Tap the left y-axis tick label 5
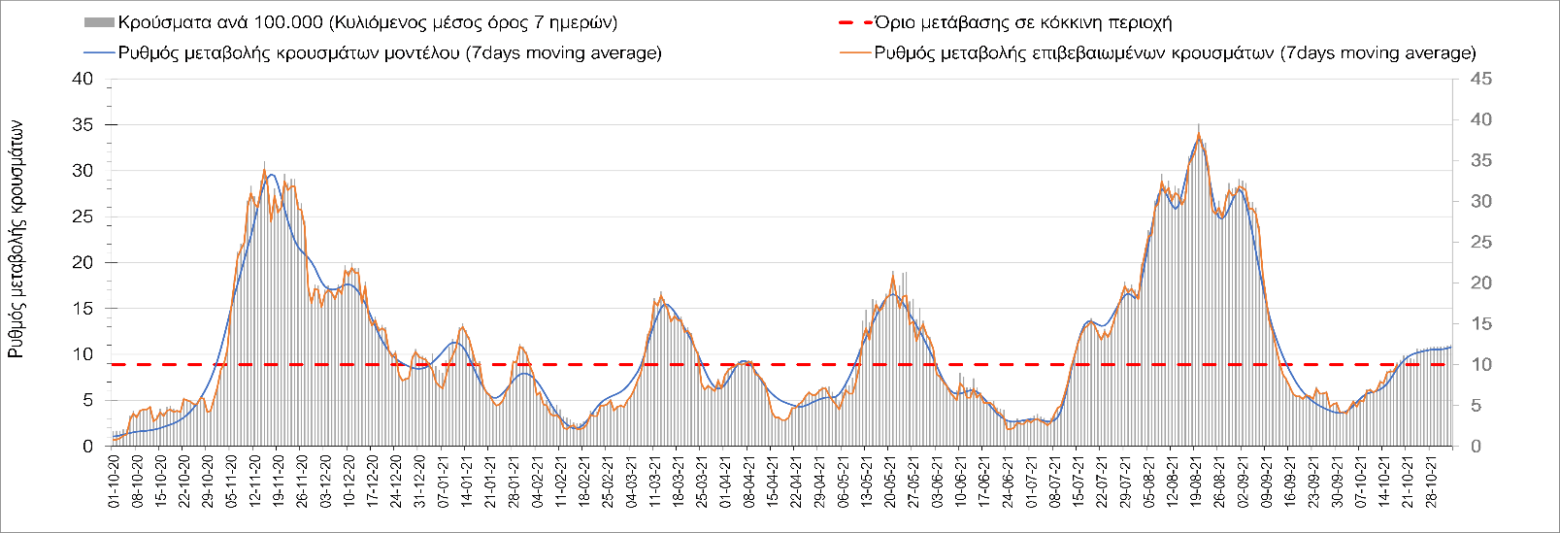click(87, 400)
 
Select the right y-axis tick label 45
click(1480, 79)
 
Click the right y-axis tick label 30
click(1480, 201)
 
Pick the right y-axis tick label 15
click(1480, 323)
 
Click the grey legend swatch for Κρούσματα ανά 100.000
click(100, 22)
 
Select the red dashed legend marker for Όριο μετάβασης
click(854, 22)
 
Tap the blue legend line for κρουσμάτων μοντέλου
click(100, 52)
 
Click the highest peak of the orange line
click(1200, 136)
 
